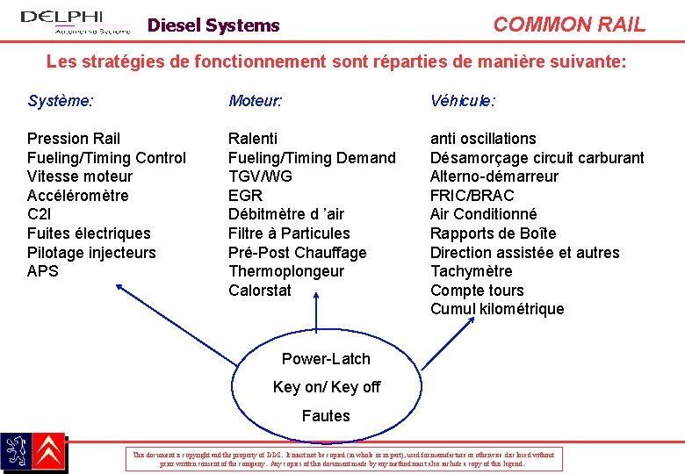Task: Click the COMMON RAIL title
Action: point(568,25)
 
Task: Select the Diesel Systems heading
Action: point(213,25)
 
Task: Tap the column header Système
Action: point(60,101)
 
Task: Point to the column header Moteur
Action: point(255,101)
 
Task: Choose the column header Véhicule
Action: point(462,101)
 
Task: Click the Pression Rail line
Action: point(74,139)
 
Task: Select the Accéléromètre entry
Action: point(77,196)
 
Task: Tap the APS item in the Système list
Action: point(43,271)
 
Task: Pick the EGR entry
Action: point(245,196)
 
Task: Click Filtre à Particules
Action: point(289,233)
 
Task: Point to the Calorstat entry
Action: point(259,291)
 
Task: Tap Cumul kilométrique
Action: point(497,309)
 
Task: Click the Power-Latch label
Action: point(326,359)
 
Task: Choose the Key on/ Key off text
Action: point(327,387)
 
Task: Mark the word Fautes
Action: point(326,416)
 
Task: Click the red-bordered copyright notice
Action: point(343,458)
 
